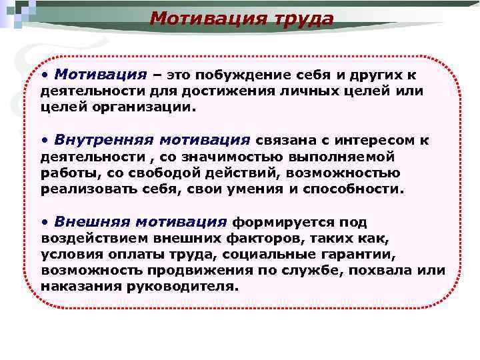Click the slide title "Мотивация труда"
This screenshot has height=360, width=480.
click(241, 19)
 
